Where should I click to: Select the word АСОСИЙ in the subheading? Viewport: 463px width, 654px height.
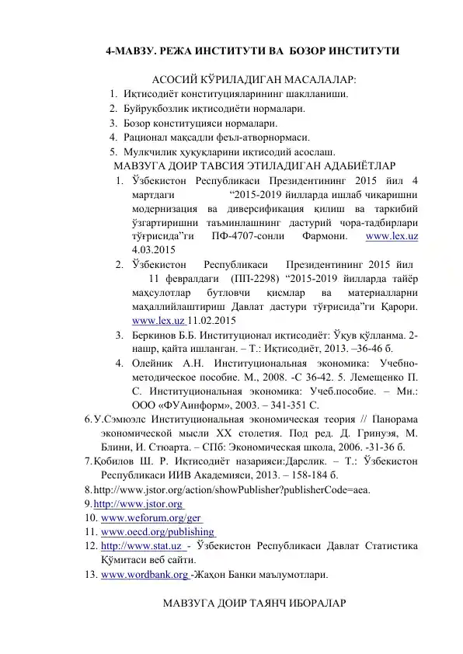click(179, 80)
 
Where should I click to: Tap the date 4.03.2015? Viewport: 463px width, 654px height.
click(154, 249)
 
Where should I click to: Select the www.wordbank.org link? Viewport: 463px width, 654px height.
click(144, 576)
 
